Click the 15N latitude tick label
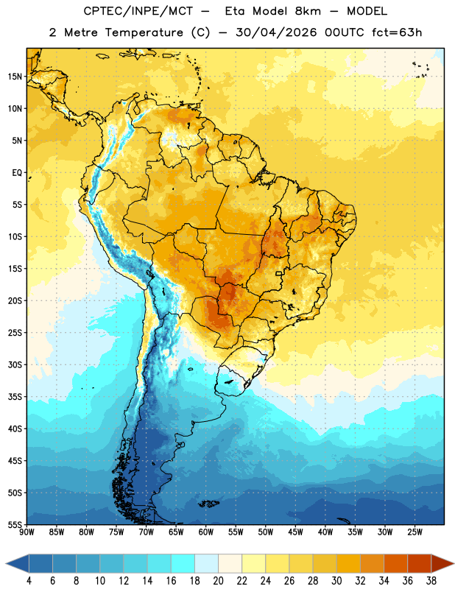(x=15, y=77)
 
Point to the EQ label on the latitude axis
(x=17, y=173)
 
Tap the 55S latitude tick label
(x=15, y=524)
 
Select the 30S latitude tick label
(x=15, y=364)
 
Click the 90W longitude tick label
(x=27, y=532)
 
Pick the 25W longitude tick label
(x=415, y=532)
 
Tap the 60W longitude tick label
(x=206, y=532)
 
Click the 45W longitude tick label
(x=295, y=532)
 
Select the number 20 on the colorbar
(x=218, y=581)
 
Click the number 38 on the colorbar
(x=431, y=581)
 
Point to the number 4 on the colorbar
(x=29, y=581)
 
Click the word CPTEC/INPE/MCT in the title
(x=138, y=11)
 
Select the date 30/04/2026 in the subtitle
(x=276, y=32)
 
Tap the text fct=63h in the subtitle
(x=397, y=32)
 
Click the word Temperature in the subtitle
(x=144, y=32)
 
